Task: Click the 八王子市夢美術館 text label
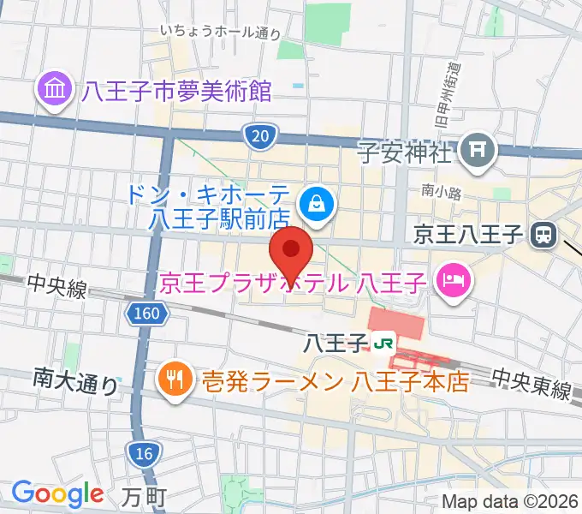176,90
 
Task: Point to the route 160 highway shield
145,315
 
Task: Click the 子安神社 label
404,154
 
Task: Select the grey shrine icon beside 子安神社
478,152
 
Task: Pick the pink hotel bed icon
451,279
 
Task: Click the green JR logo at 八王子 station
384,344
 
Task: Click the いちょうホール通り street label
221,32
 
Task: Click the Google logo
57,493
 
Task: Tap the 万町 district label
144,495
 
